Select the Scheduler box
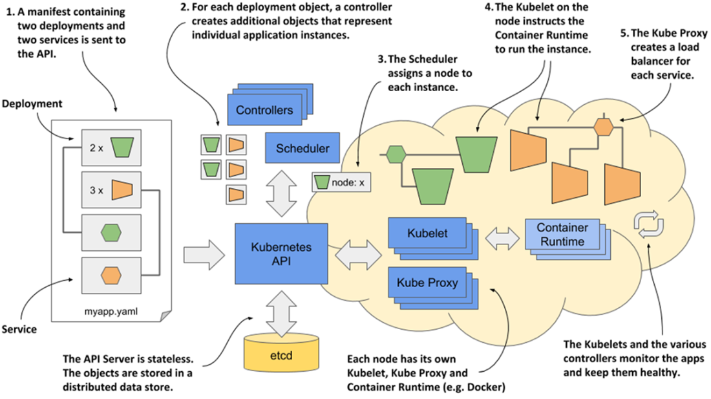point(302,148)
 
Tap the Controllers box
point(264,110)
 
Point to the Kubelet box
point(427,232)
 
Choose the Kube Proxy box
point(427,283)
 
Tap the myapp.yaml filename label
point(111,311)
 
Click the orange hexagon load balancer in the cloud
point(603,125)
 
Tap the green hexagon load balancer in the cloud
point(395,155)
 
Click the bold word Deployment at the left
point(32,103)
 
